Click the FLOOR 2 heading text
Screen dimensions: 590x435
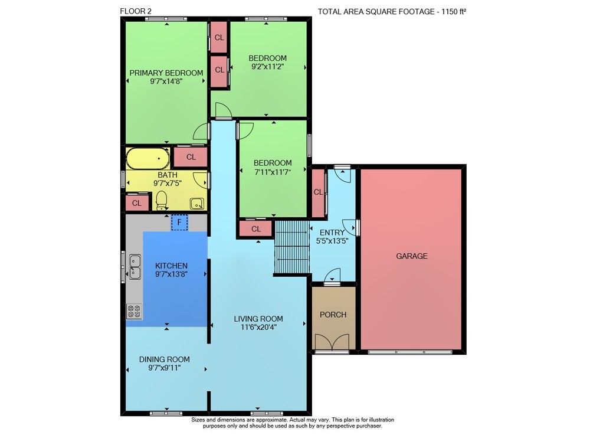136,11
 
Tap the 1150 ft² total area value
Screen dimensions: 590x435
454,11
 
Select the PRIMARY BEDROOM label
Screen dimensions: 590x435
166,73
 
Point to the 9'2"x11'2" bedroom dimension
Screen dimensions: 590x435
267,67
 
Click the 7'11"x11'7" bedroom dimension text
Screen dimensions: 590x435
273,172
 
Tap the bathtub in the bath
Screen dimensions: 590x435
148,158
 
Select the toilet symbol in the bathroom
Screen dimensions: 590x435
162,200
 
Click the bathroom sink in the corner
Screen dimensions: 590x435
197,204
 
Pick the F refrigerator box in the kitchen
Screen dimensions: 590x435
179,222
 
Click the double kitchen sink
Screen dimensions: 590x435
135,267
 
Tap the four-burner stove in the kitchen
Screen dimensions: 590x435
135,311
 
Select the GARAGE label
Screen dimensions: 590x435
412,256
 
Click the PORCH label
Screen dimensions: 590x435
333,315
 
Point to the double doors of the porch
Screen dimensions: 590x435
332,342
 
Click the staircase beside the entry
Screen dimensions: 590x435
292,247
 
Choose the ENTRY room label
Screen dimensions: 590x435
332,233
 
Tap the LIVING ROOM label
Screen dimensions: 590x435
258,319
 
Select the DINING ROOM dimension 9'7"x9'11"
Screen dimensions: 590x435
165,368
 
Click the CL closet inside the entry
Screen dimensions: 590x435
318,193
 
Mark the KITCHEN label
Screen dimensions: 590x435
171,266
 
